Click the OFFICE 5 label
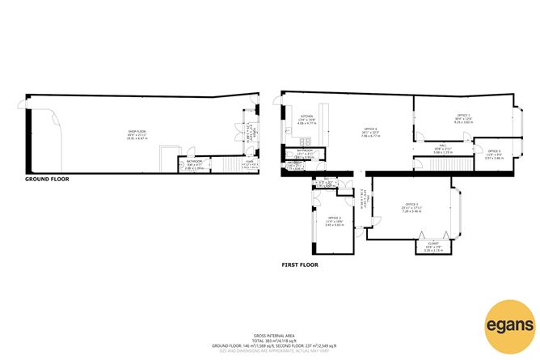click(x=493, y=151)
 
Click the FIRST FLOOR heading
click(x=300, y=265)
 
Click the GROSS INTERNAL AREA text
click(x=270, y=334)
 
